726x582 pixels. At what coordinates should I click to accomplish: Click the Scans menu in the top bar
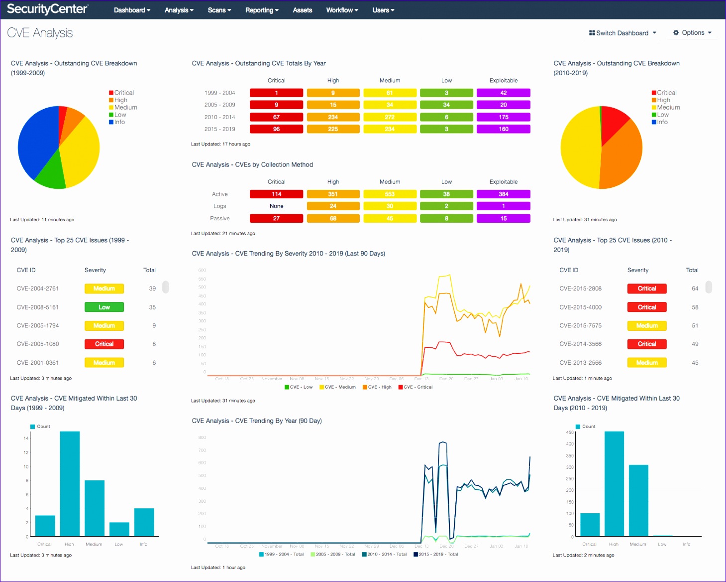[x=219, y=10]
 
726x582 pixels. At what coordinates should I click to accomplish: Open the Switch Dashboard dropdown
[x=622, y=33]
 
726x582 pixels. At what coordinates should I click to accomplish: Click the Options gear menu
[x=692, y=33]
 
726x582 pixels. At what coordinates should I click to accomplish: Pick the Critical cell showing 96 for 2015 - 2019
[x=276, y=129]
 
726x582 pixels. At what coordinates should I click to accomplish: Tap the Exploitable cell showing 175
[x=503, y=117]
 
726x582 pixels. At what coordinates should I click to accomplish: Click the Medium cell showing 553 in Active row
[x=390, y=194]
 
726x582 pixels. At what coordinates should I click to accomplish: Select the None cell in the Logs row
[x=276, y=206]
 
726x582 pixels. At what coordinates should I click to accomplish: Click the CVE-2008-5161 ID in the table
[x=38, y=307]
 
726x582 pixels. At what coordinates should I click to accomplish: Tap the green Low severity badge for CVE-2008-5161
[x=104, y=307]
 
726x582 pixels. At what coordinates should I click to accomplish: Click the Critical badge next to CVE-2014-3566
[x=646, y=344]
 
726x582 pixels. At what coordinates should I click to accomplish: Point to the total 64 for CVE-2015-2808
[x=695, y=289]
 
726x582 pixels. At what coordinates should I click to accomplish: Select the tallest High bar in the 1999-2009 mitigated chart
[x=70, y=483]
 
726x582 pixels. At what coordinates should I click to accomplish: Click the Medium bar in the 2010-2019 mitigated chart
[x=638, y=500]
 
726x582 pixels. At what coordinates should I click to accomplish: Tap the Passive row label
[x=219, y=218]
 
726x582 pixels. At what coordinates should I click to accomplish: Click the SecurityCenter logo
[x=47, y=9]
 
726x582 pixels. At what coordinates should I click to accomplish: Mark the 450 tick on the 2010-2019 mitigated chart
[x=569, y=433]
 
